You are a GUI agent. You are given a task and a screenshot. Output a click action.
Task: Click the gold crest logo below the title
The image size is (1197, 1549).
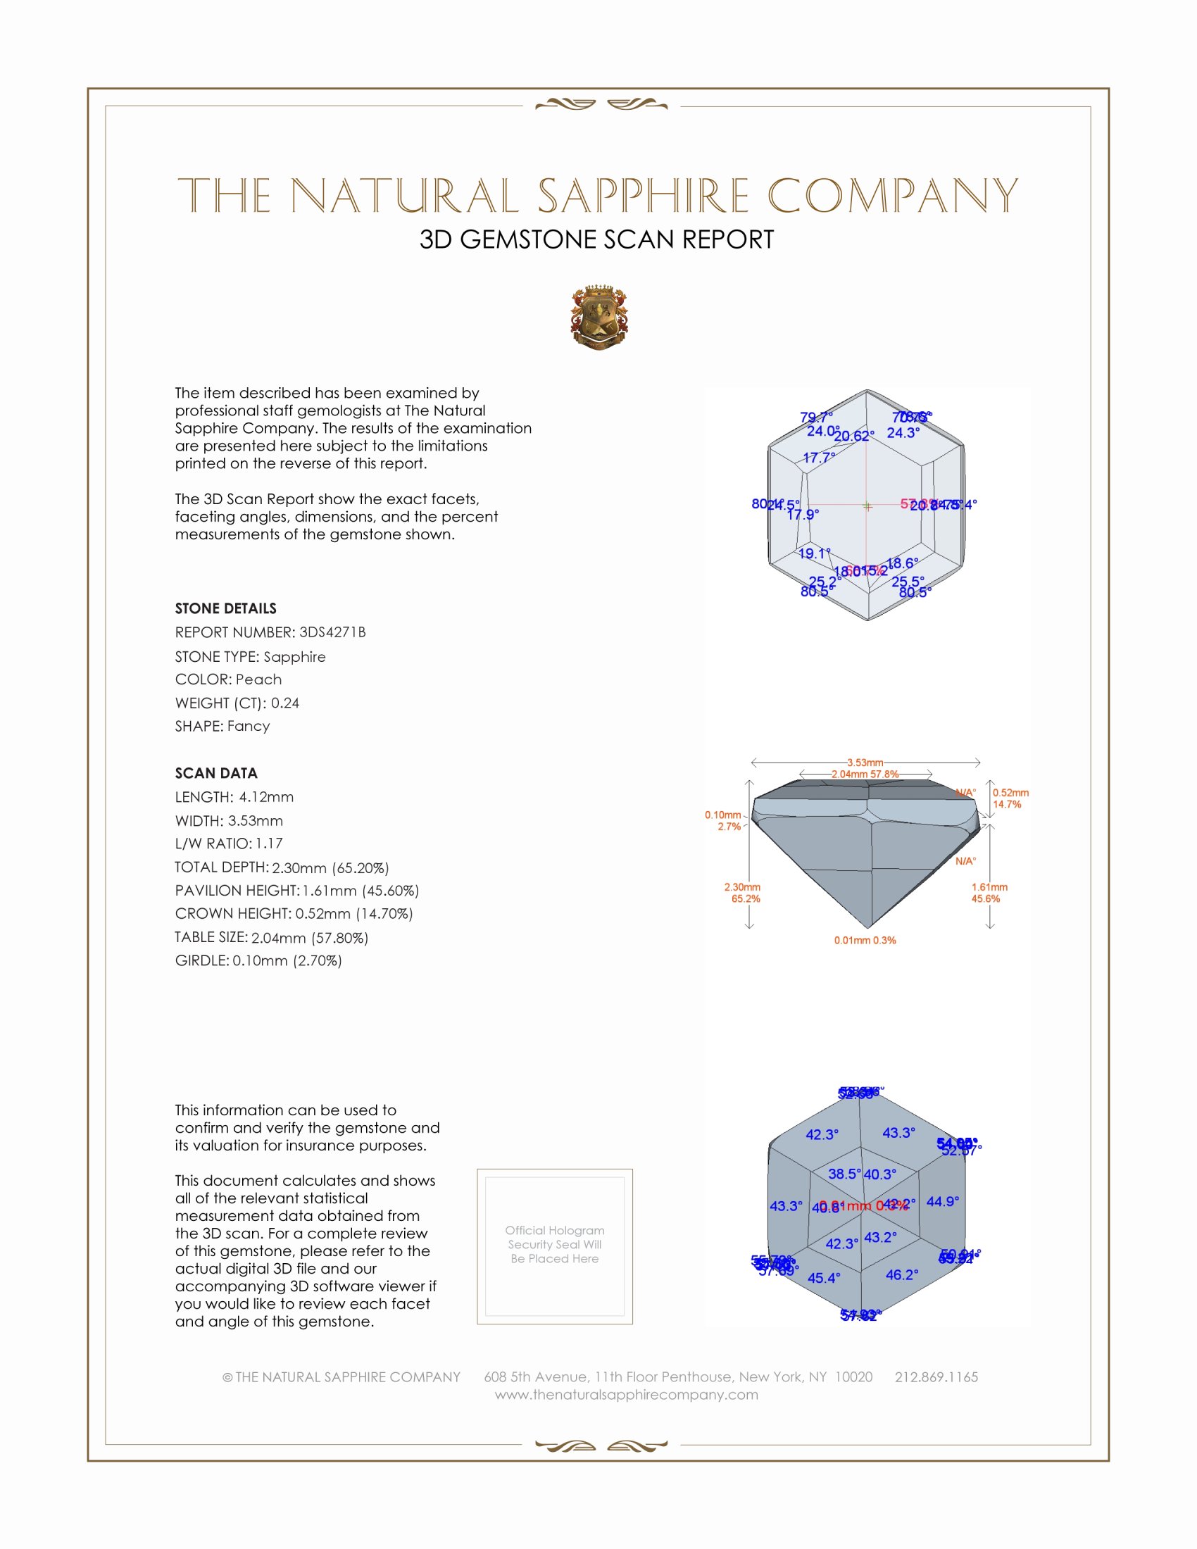pyautogui.click(x=598, y=317)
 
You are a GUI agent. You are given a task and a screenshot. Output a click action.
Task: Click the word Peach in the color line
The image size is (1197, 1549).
pyautogui.click(x=258, y=679)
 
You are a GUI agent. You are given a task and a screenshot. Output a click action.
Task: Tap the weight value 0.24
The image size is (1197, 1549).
pyautogui.click(x=284, y=703)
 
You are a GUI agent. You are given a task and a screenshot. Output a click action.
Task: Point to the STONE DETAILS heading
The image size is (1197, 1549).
pyautogui.click(x=225, y=608)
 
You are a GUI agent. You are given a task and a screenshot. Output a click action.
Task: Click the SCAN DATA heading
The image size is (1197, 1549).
pyautogui.click(x=215, y=773)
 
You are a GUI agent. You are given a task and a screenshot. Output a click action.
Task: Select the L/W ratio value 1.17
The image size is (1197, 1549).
pyautogui.click(x=269, y=844)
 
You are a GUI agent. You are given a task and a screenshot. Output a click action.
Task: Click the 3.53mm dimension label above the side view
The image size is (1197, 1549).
pyautogui.click(x=865, y=763)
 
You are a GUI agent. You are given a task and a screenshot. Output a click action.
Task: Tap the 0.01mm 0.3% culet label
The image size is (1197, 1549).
pyautogui.click(x=865, y=941)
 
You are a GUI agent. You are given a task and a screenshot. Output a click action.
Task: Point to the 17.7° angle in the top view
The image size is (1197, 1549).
pyautogui.click(x=818, y=458)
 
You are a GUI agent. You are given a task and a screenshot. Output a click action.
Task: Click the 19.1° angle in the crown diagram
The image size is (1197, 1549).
pyautogui.click(x=814, y=553)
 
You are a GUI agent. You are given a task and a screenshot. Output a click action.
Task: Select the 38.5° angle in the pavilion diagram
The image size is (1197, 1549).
pyautogui.click(x=844, y=1174)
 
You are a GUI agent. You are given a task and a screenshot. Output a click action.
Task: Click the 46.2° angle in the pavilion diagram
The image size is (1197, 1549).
pyautogui.click(x=901, y=1274)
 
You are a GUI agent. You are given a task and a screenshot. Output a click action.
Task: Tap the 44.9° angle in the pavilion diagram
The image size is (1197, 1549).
pyautogui.click(x=941, y=1200)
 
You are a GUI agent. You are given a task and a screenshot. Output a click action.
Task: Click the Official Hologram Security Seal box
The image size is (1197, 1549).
pyautogui.click(x=555, y=1246)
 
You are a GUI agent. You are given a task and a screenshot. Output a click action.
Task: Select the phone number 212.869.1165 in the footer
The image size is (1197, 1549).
pyautogui.click(x=935, y=1376)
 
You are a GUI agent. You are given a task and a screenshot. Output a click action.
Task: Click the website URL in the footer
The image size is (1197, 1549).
pyautogui.click(x=626, y=1394)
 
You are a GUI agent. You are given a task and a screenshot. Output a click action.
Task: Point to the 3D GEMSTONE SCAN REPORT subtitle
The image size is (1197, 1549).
pyautogui.click(x=596, y=239)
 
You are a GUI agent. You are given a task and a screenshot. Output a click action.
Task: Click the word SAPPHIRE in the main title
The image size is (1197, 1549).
pyautogui.click(x=642, y=196)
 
